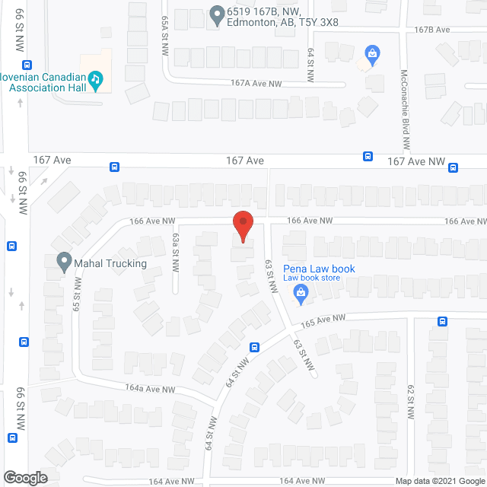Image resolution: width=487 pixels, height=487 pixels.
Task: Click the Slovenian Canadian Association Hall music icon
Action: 95,80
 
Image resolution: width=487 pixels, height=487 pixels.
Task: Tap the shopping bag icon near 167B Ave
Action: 371,53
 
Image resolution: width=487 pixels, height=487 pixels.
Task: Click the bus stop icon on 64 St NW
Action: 254,347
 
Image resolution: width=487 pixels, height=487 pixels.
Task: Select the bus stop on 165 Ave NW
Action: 442,321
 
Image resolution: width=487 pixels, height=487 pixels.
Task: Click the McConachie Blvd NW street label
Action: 406,110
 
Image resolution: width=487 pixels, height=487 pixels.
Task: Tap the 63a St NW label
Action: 176,253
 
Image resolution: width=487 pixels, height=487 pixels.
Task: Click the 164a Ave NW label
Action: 150,389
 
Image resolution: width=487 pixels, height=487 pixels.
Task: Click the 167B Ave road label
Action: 433,29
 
